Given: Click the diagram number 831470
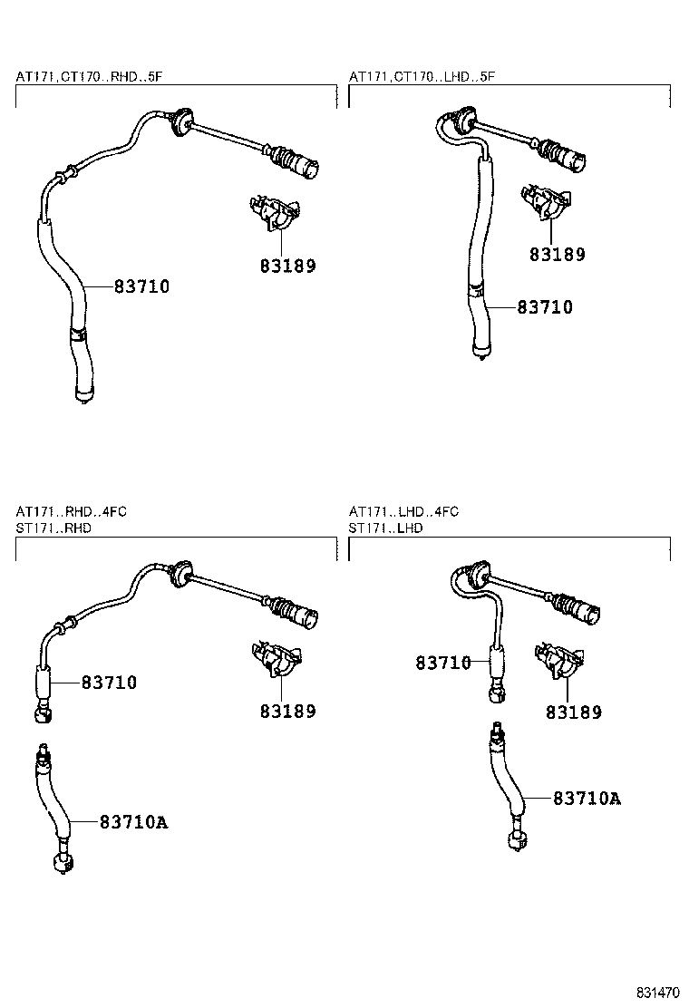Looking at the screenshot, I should tap(655, 992).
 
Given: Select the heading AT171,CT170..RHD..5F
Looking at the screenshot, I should tap(89, 77).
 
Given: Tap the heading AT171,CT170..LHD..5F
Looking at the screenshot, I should tap(422, 77).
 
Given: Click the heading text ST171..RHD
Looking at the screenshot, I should tap(53, 528).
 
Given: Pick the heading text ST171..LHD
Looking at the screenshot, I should tap(386, 528).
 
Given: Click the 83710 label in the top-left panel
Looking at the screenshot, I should tap(141, 287).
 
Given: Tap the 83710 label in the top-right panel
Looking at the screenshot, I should tap(545, 308).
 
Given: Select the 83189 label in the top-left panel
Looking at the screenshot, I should tap(288, 267).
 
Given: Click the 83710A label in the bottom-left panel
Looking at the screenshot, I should tap(134, 822).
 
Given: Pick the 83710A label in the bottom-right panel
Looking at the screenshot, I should tap(587, 799).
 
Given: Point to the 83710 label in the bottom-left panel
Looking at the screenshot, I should tap(109, 683).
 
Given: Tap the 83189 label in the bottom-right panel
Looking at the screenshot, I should tap(573, 713).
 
